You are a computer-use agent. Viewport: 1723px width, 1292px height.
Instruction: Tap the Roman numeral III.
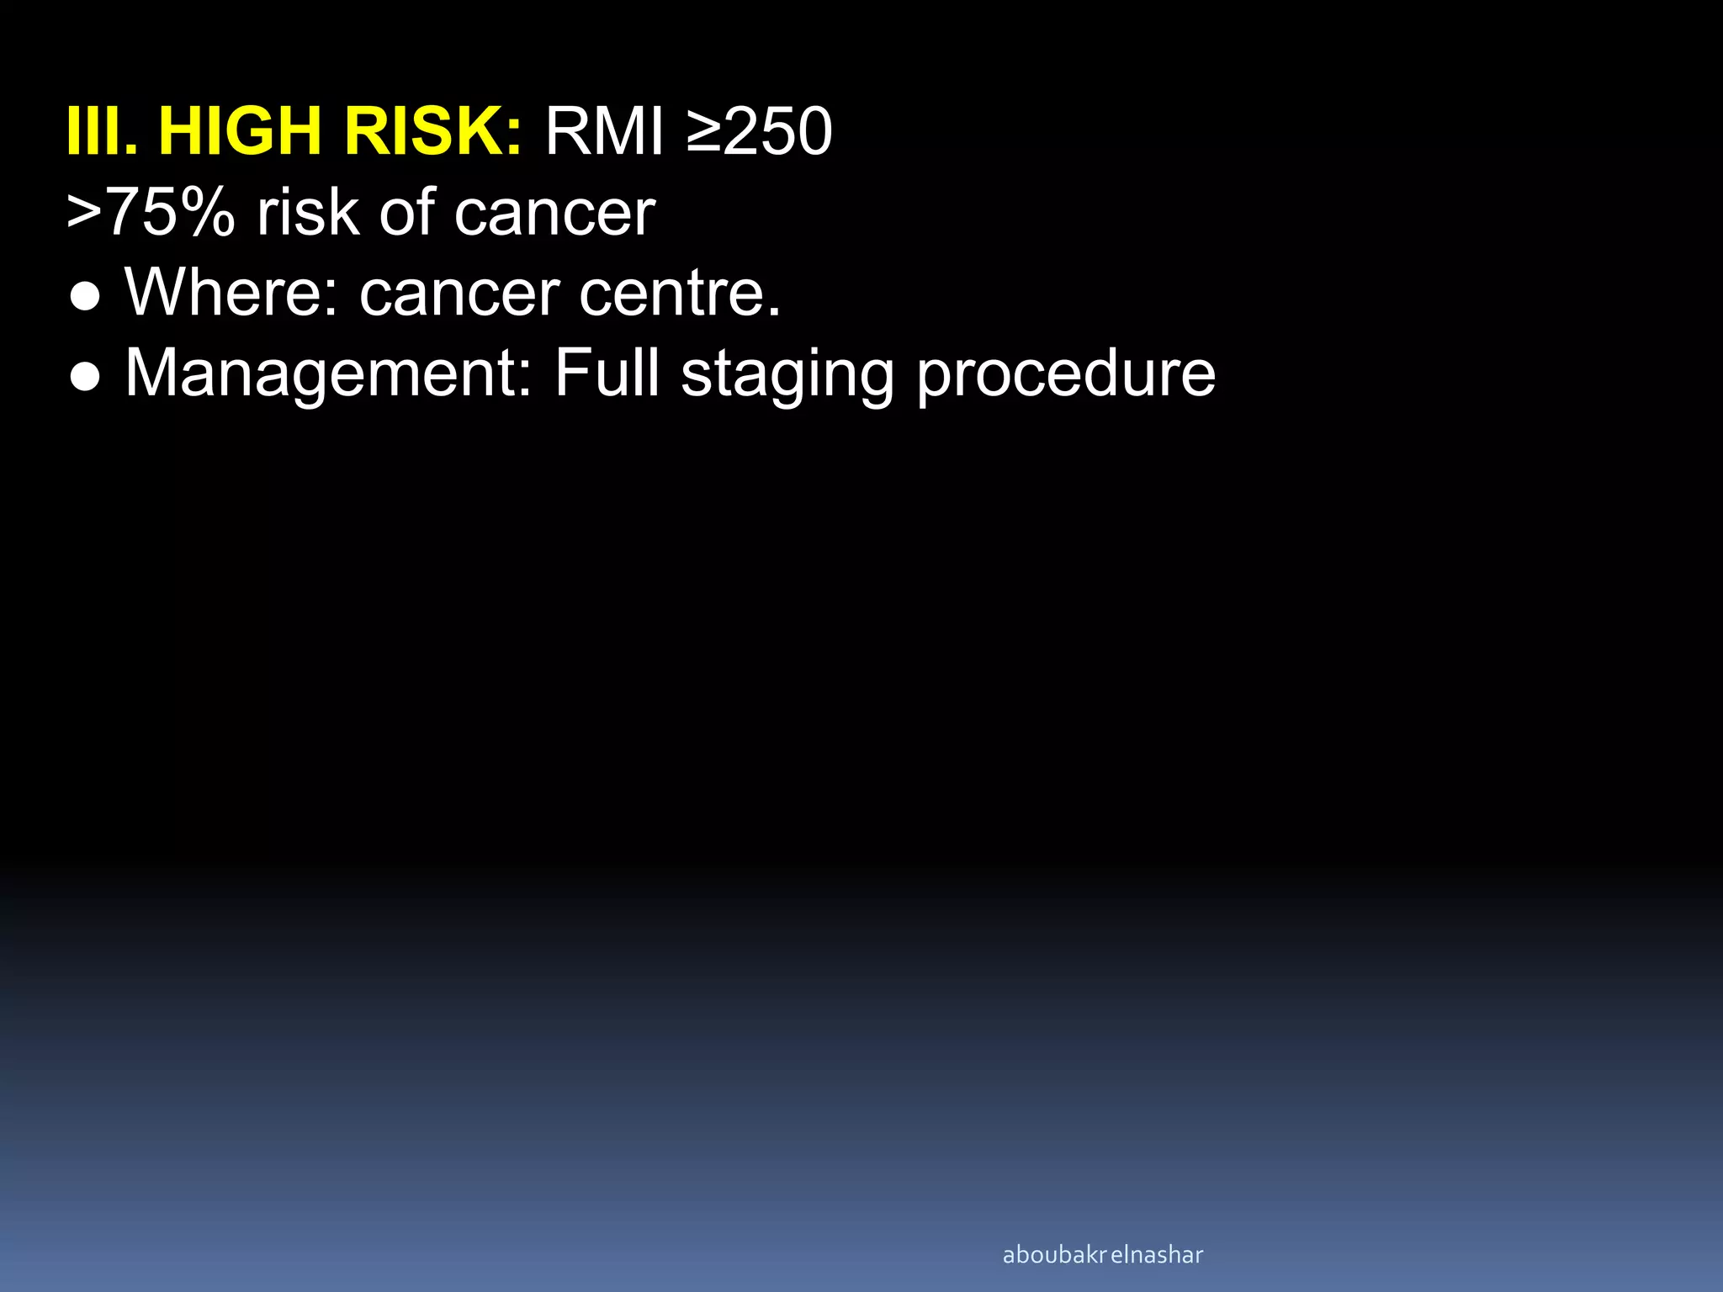tap(101, 132)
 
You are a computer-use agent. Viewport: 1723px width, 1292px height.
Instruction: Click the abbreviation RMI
tap(605, 132)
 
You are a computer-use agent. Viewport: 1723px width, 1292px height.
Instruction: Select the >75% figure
tap(151, 213)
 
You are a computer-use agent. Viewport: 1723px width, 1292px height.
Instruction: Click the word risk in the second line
tap(308, 213)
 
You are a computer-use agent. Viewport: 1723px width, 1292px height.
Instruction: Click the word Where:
tap(231, 293)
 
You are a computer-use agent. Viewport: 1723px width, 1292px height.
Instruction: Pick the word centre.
tap(680, 293)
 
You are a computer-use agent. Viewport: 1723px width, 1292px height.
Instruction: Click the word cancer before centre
tap(459, 294)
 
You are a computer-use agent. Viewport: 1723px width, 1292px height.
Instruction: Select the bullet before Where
tap(86, 297)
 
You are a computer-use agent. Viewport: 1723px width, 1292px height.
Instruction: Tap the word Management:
tap(329, 374)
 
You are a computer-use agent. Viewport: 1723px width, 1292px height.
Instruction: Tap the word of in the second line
tap(407, 213)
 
